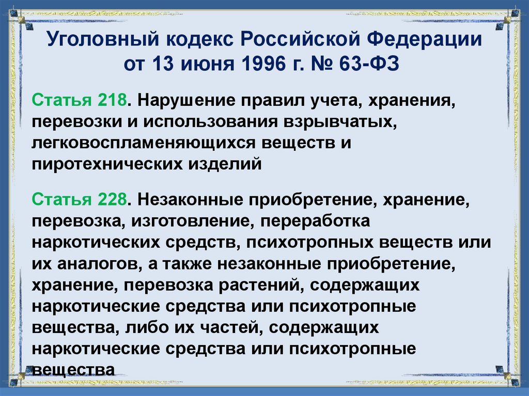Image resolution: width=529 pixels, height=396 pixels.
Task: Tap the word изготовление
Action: point(195,221)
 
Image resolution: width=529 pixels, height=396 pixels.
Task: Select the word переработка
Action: point(315,221)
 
